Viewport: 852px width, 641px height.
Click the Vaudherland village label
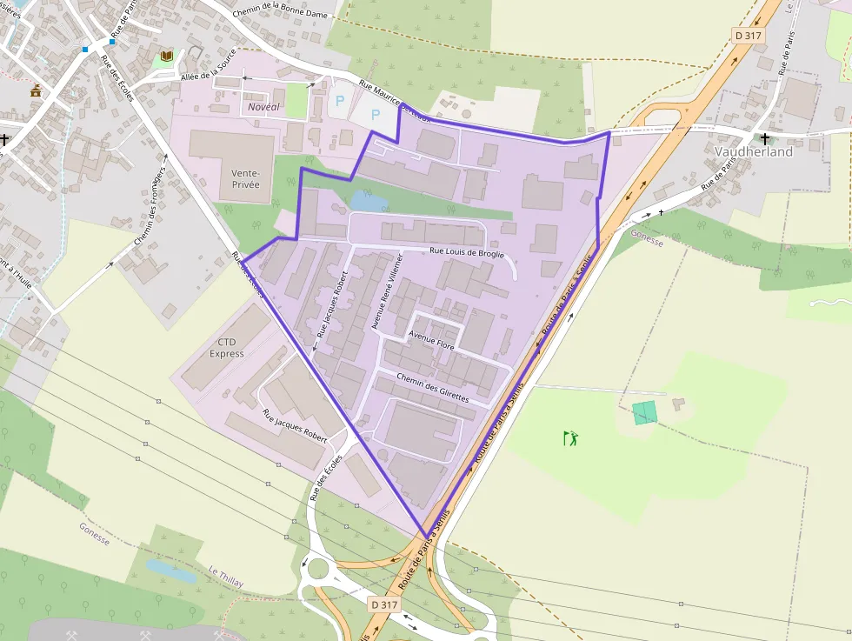click(754, 151)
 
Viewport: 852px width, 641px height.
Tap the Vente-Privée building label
click(245, 179)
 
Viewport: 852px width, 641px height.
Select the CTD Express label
click(226, 348)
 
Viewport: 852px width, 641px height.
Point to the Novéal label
click(264, 106)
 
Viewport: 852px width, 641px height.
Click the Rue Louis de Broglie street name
click(467, 252)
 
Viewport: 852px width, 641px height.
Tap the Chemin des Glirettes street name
click(432, 388)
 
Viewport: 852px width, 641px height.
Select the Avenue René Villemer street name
click(388, 292)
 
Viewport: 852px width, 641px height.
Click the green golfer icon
click(570, 437)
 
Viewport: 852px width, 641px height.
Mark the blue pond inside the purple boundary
click(369, 201)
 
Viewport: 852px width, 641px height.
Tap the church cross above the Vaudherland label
click(765, 137)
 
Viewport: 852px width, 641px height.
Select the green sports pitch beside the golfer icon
click(644, 412)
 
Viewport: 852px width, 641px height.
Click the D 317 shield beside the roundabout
click(383, 604)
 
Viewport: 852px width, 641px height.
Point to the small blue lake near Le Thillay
click(170, 571)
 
